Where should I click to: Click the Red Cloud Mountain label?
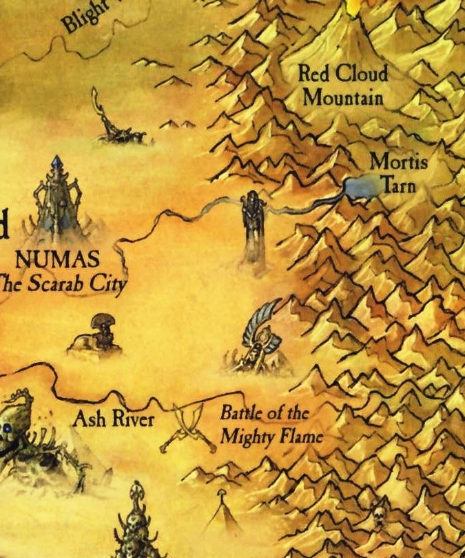tap(342, 85)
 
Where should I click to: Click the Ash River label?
tap(113, 419)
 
